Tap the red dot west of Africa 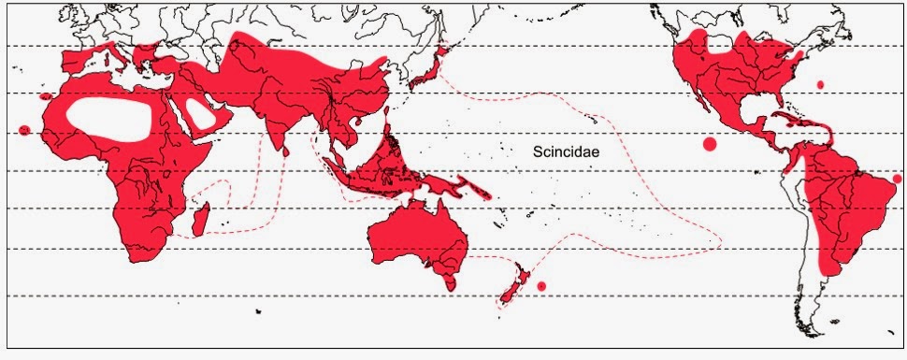click(24, 130)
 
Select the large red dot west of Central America click(709, 144)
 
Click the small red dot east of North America click(820, 84)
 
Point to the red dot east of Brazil click(898, 179)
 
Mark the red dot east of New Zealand click(541, 285)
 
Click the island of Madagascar click(198, 223)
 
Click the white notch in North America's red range click(720, 42)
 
